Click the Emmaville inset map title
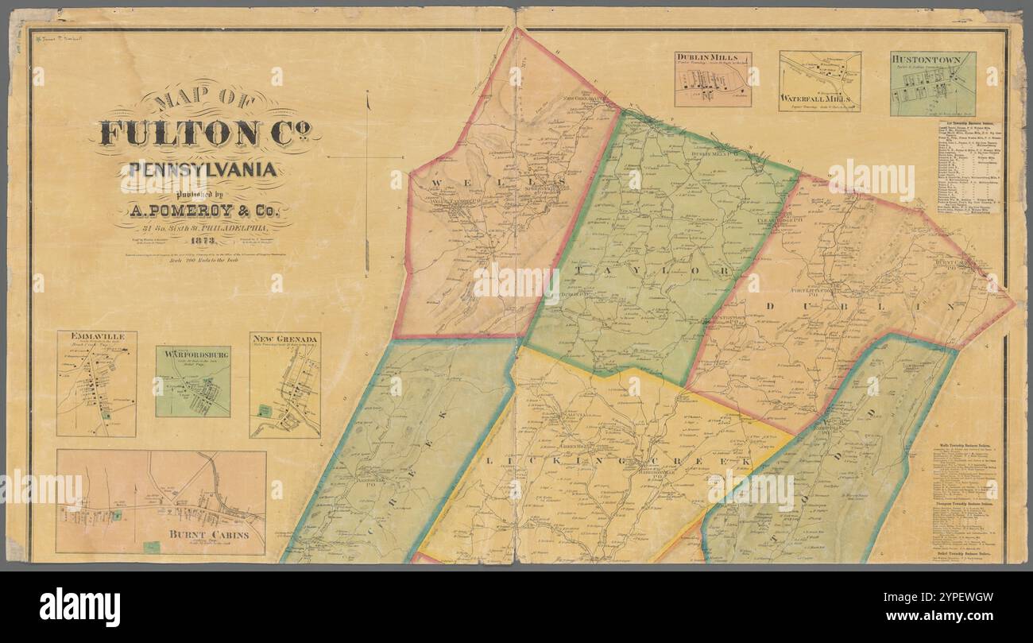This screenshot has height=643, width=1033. pos(97,338)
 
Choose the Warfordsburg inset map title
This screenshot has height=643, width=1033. pos(192,352)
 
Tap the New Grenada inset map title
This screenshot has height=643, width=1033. pos(285,339)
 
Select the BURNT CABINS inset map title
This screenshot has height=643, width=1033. pos(205,536)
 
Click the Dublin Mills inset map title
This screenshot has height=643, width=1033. pos(712,58)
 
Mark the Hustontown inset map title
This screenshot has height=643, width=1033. pos(932,59)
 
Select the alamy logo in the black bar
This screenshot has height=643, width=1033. pos(79,607)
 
